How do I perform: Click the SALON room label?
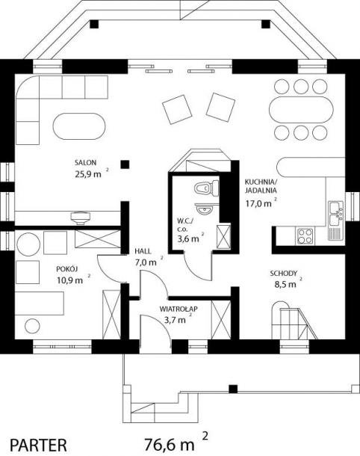click(85, 162)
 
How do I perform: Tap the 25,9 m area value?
click(88, 174)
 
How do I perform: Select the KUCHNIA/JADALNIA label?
click(261, 186)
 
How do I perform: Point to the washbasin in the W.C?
click(204, 208)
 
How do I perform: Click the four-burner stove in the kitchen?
click(305, 236)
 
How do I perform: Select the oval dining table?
click(301, 110)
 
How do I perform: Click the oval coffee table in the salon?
click(79, 126)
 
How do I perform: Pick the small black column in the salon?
click(125, 164)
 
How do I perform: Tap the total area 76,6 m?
click(170, 444)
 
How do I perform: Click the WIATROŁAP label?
click(179, 309)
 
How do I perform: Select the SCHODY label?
click(284, 274)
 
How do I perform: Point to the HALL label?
click(143, 251)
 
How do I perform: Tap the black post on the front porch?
click(233, 389)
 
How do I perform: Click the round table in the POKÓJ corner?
click(28, 244)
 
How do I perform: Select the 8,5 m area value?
click(285, 284)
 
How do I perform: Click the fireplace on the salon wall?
click(80, 218)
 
